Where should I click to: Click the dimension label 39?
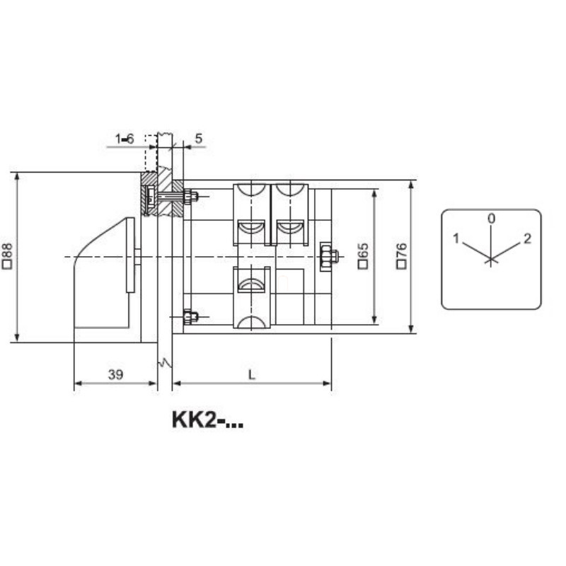click(115, 374)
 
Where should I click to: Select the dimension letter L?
click(252, 375)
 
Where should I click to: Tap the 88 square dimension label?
click(8, 256)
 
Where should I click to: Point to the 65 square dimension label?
click(363, 256)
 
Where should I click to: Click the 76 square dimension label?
click(402, 256)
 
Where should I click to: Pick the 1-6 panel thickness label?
click(125, 139)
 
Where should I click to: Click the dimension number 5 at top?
click(199, 138)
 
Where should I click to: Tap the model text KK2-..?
click(207, 420)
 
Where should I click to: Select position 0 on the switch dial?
click(491, 219)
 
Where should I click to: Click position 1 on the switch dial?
click(456, 238)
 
